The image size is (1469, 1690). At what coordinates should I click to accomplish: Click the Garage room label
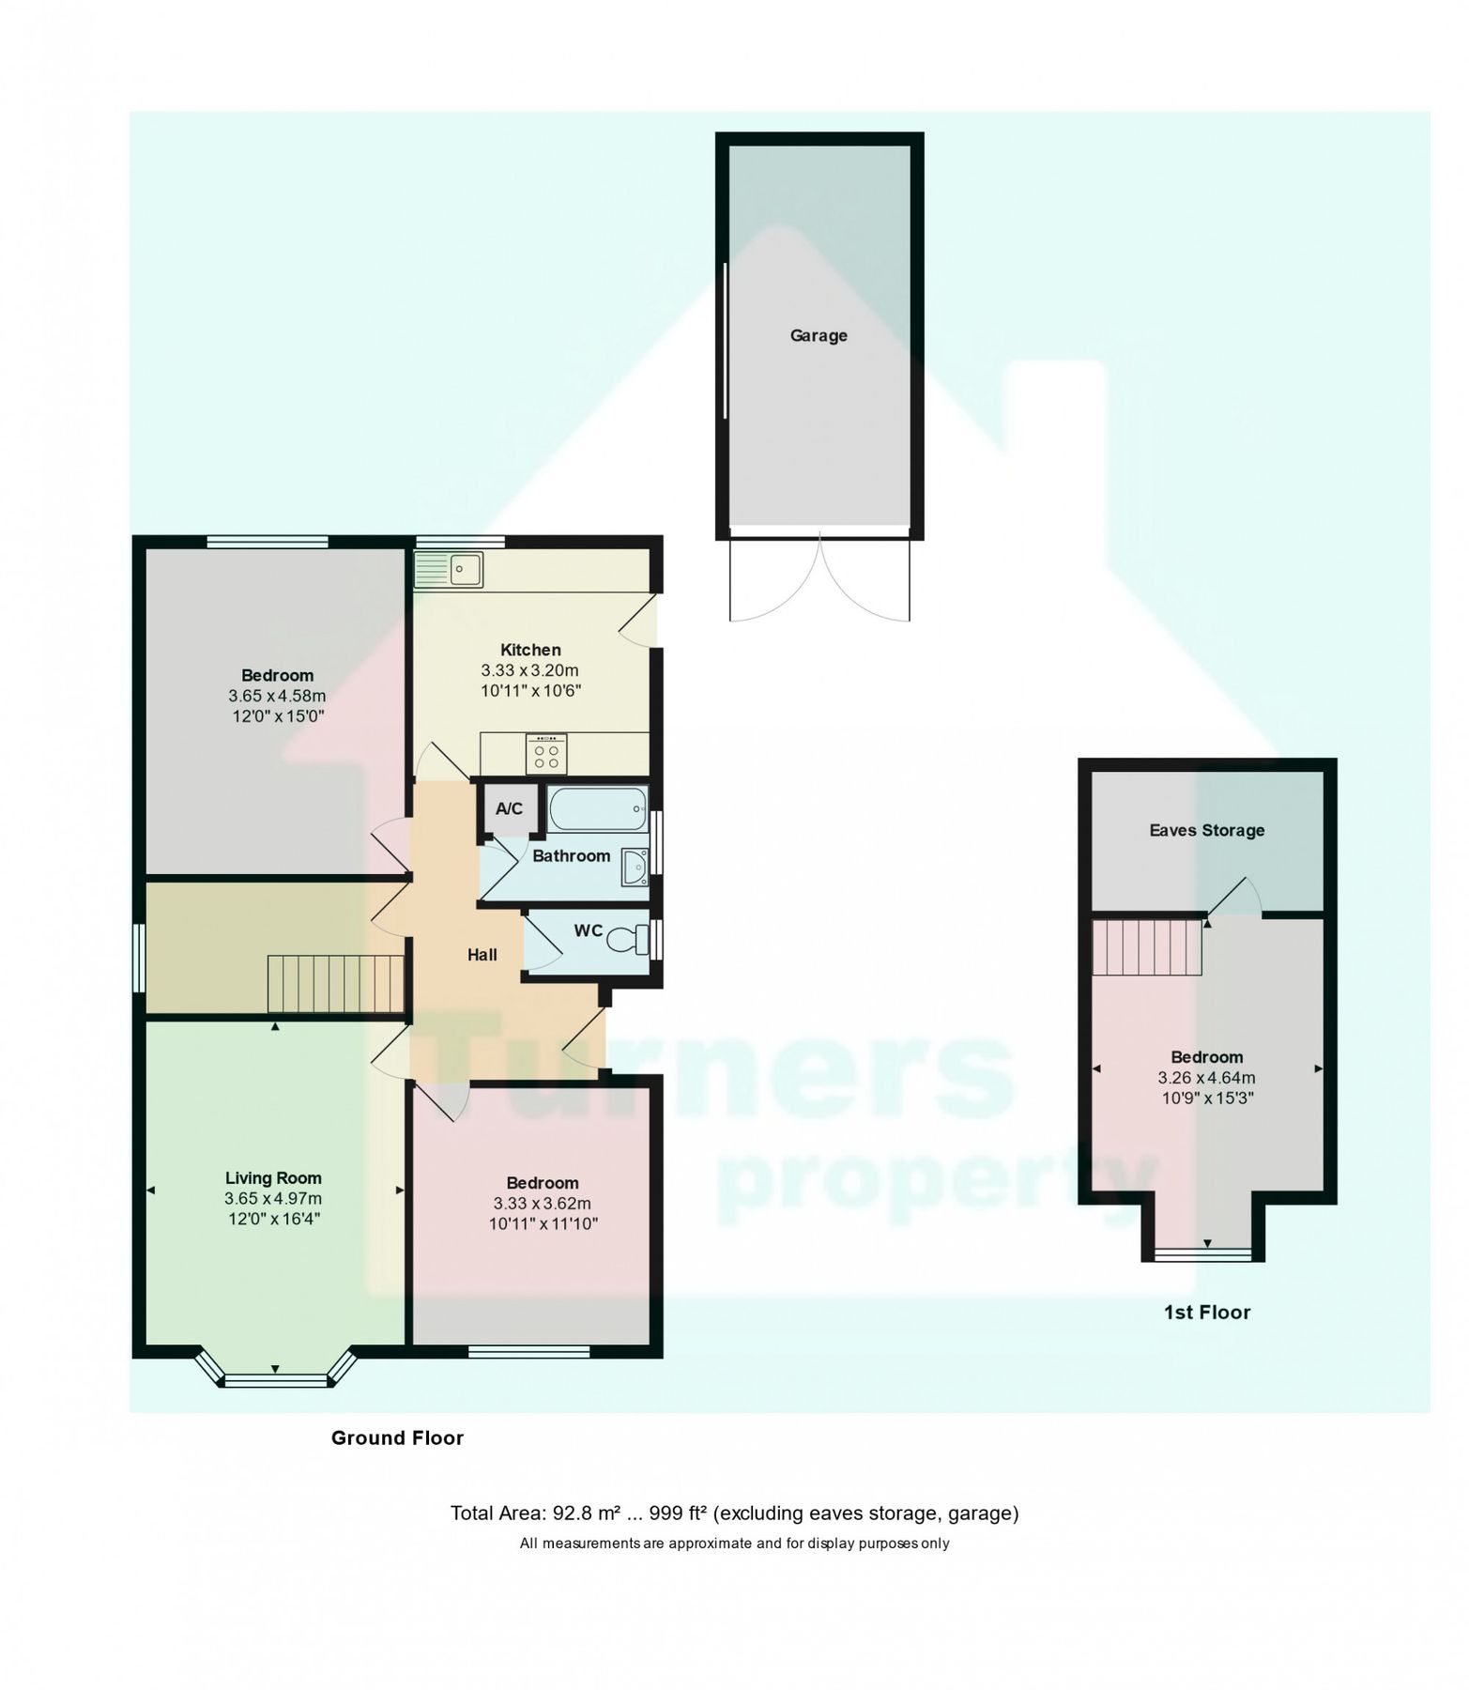818,335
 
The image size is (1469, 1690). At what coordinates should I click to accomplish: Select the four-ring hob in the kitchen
545,754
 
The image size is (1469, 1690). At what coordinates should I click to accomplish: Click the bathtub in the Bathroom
597,807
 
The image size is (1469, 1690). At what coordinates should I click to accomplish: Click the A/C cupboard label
509,808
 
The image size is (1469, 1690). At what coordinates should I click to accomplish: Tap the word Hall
482,955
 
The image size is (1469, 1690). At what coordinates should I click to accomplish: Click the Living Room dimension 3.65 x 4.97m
272,1199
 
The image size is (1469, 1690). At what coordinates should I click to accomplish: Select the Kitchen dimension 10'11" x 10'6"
530,691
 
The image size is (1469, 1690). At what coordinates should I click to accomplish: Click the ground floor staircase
335,983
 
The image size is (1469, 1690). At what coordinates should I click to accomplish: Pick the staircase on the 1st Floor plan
1147,946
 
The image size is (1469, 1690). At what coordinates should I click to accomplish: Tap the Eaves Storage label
1206,830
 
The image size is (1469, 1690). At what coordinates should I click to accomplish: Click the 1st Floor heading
1206,1313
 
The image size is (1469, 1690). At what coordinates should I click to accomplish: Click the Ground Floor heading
397,1438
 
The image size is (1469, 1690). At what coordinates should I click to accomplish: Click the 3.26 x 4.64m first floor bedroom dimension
1206,1078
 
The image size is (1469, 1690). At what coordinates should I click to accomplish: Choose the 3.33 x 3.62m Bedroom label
543,1204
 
